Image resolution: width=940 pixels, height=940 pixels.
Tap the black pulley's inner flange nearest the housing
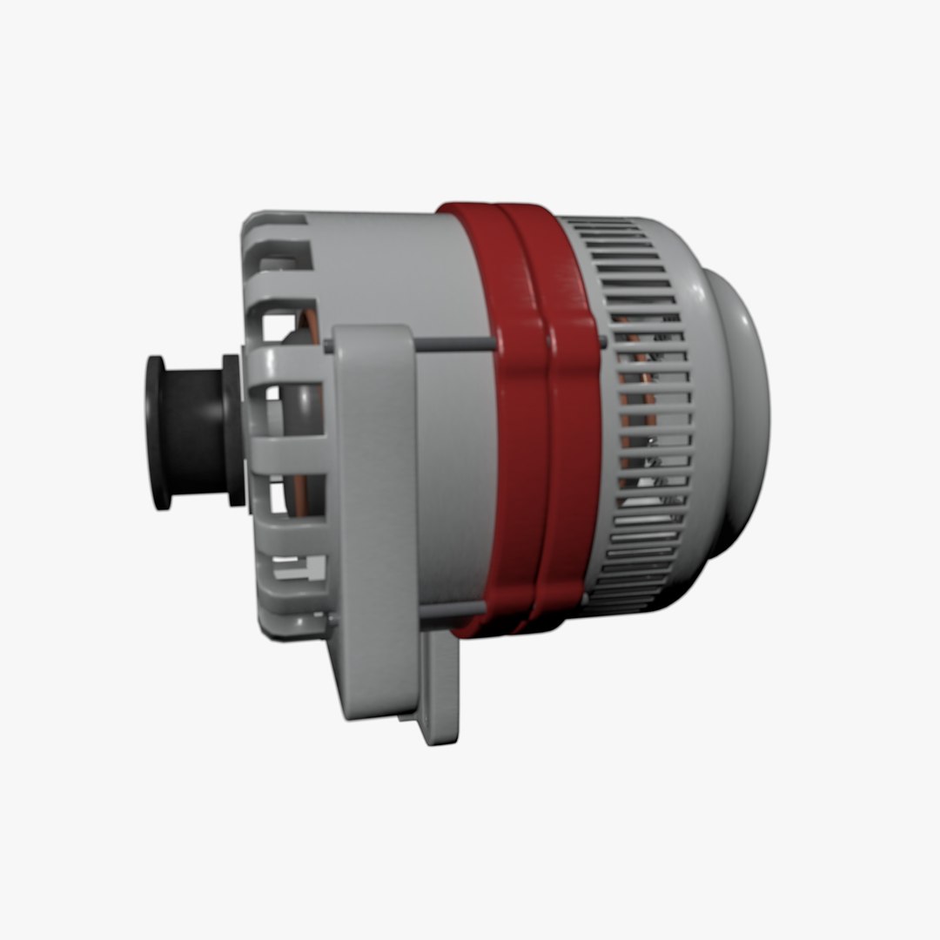pyautogui.click(x=233, y=431)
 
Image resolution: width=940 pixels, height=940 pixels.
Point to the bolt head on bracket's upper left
pyautogui.click(x=329, y=346)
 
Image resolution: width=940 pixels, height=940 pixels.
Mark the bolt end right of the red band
pyautogui.click(x=602, y=341)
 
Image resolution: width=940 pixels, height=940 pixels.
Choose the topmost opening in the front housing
pyautogui.click(x=283, y=252)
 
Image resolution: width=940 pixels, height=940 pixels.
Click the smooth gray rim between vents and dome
pyautogui.click(x=705, y=418)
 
